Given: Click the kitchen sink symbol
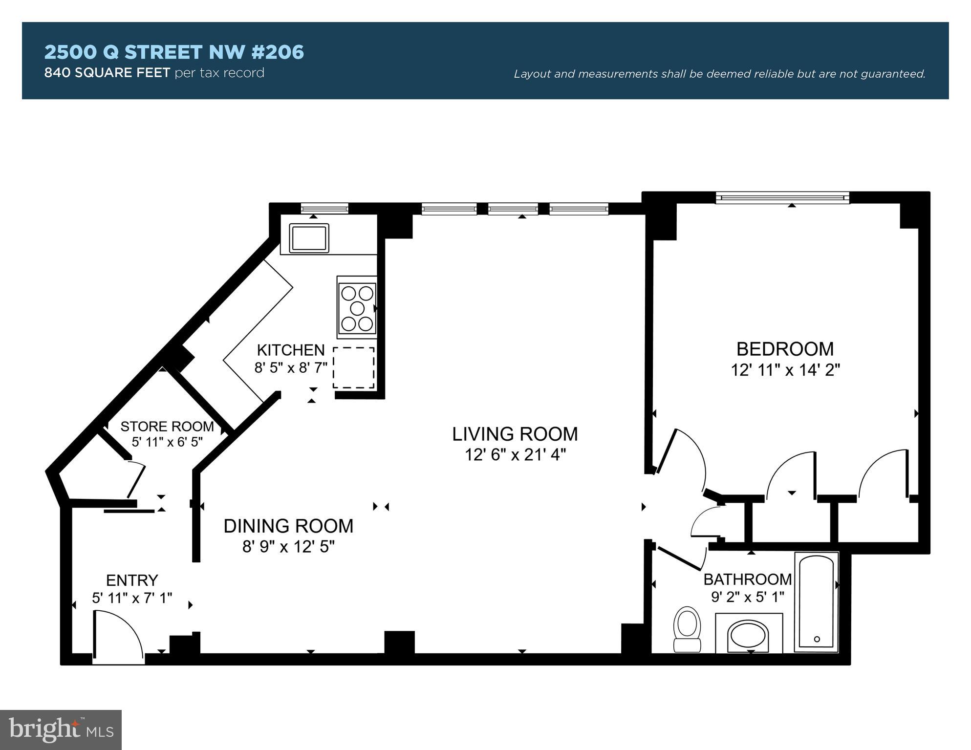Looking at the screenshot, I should (x=309, y=238).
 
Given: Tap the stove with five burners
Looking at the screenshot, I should (x=357, y=308).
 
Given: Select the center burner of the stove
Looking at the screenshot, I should (x=358, y=308).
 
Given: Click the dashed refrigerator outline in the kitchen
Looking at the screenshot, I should (x=354, y=367).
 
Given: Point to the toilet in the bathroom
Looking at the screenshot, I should (x=687, y=629).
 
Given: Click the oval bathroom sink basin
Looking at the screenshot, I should (x=748, y=636).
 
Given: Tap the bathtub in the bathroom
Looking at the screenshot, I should (x=816, y=601).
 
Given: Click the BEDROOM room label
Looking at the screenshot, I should (x=785, y=349).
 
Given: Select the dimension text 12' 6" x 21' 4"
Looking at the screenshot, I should (x=515, y=455).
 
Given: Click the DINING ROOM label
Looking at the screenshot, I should (x=288, y=526).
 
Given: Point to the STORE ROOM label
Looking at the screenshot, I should (x=167, y=427).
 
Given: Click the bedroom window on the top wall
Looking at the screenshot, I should (x=782, y=197).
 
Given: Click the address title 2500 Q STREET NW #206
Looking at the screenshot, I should (x=174, y=52).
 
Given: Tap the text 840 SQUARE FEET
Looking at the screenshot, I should (x=107, y=73).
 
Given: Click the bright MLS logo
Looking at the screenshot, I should (x=61, y=729).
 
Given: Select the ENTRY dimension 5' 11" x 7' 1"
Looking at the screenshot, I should (x=132, y=598).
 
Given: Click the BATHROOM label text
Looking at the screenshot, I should (x=747, y=579).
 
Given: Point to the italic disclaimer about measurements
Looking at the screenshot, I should (x=719, y=74).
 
